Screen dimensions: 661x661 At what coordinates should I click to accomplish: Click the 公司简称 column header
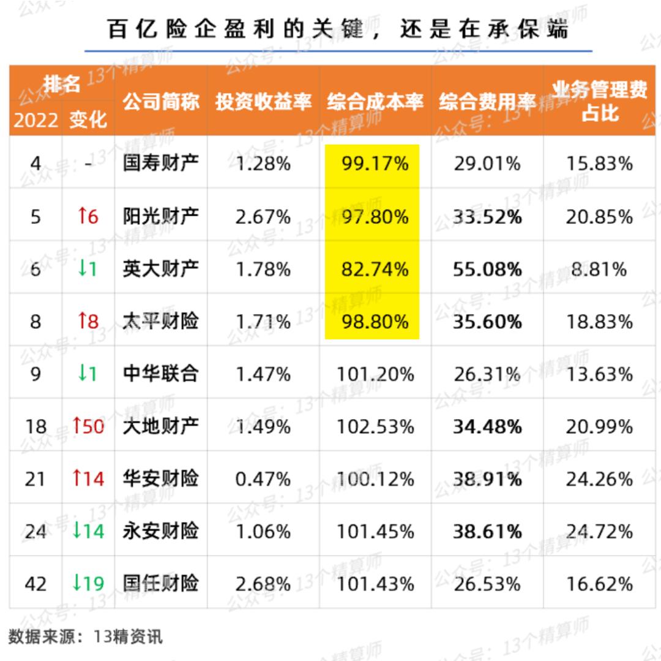coord(161,102)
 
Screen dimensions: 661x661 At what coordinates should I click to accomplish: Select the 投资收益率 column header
coord(263,102)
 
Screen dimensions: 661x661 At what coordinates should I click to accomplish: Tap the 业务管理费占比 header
coord(599,102)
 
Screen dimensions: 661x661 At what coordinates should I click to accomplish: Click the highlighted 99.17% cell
coord(375,164)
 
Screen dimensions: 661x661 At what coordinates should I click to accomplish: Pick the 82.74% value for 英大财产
coord(375,269)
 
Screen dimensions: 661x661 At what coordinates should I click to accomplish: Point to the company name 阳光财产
coord(161,216)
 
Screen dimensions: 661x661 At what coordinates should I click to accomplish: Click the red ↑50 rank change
coord(88,426)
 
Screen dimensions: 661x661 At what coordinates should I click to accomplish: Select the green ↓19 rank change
coord(88,583)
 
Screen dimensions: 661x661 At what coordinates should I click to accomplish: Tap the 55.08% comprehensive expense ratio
coord(487,269)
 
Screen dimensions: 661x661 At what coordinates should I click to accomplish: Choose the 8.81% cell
coord(599,269)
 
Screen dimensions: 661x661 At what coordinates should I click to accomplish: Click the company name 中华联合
coord(161,374)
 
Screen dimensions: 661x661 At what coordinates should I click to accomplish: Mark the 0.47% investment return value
coord(263,478)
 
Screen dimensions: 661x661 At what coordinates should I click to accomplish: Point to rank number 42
coord(35,583)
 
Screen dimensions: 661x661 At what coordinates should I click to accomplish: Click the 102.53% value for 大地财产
coord(375,426)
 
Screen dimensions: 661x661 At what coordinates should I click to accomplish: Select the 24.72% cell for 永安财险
coord(599,531)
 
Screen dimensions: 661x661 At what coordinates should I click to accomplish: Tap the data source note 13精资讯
coord(128,637)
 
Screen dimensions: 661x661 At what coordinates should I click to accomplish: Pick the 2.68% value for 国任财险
coord(263,583)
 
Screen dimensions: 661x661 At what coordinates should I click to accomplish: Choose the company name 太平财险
coord(161,321)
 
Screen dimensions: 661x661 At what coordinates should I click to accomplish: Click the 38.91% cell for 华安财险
coord(487,478)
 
